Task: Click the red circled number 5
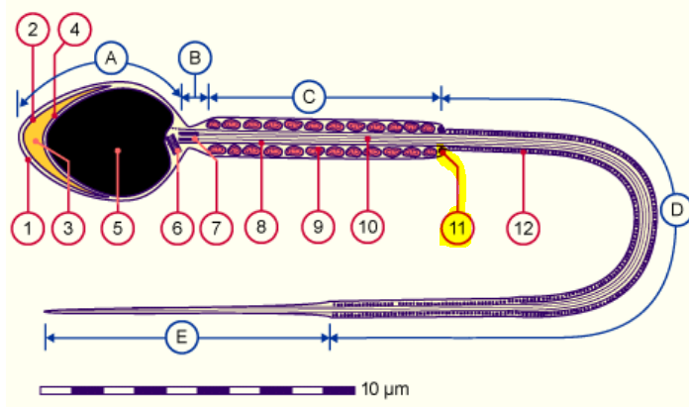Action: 117,228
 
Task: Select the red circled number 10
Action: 366,228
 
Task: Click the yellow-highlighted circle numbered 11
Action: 457,228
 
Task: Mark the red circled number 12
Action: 523,228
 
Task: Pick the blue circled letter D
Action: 676,209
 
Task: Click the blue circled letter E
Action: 181,337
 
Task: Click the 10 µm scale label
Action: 385,387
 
